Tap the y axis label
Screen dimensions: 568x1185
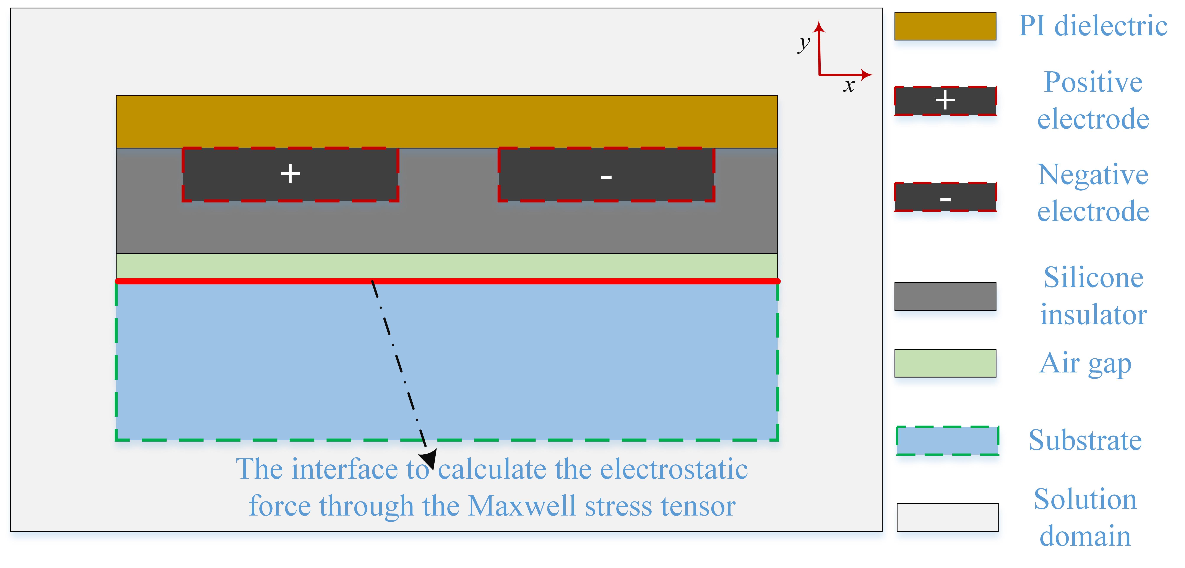(x=804, y=44)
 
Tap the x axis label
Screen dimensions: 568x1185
(x=849, y=86)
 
